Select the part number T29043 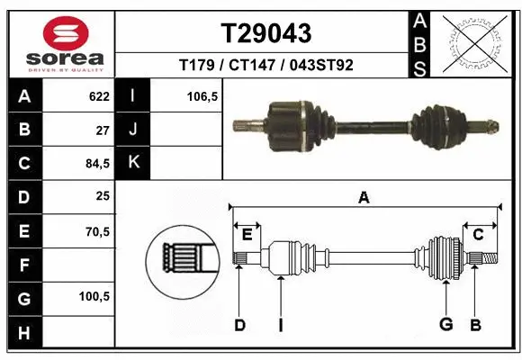coord(266,33)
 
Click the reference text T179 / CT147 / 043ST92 coord(266,65)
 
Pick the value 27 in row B coord(102,130)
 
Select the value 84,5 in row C coord(96,164)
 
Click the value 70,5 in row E coord(96,231)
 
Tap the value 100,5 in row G coord(94,296)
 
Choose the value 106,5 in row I coord(202,95)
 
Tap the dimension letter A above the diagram coord(364,198)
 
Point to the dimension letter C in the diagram coord(479,234)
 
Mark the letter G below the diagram coord(445,324)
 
